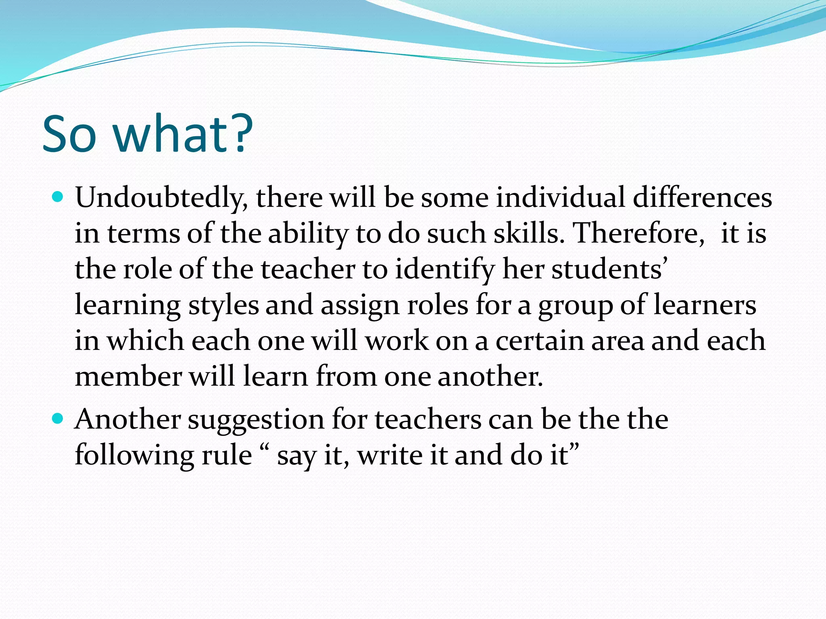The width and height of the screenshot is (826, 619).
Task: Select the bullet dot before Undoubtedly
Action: click(58, 197)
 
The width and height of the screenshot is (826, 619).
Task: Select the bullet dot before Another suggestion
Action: click(58, 419)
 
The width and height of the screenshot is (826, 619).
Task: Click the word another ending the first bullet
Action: click(490, 376)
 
